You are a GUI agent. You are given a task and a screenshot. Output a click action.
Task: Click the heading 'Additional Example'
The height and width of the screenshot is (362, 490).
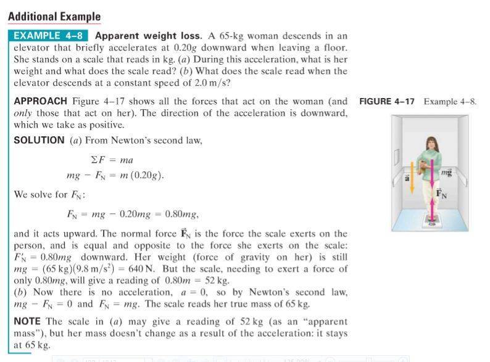pos(54,17)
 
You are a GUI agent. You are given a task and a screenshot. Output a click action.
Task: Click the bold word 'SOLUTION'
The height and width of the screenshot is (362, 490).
pos(39,140)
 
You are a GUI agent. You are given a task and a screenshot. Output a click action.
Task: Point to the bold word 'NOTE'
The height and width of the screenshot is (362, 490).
pos(28,322)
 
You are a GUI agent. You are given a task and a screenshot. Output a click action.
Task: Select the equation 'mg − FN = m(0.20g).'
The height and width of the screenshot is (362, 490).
pos(115,175)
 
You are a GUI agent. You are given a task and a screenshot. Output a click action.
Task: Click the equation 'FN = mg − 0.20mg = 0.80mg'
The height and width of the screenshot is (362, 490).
pos(132,215)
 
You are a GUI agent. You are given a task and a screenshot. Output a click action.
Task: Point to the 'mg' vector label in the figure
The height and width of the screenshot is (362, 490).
pos(447,175)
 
